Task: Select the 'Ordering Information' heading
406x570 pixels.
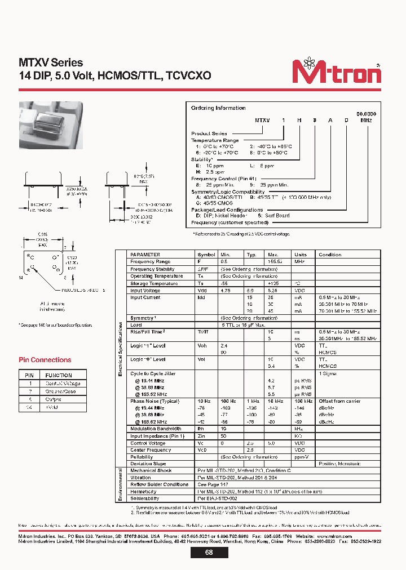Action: pos(218,108)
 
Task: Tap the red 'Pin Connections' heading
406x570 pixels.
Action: pos(45,360)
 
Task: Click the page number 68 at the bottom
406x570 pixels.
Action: pos(208,553)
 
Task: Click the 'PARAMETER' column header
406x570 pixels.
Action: pos(145,255)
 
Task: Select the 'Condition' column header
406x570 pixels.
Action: pos(330,255)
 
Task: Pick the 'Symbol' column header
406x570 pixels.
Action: pos(206,255)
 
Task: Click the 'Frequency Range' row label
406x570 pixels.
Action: pos(150,262)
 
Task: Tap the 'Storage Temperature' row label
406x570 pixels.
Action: pos(153,283)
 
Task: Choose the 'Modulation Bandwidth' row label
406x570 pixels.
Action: pos(156,429)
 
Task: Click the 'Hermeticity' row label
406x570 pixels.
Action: pos(143,491)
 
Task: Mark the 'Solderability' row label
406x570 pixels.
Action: pos(144,498)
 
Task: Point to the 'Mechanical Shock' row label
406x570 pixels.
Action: pos(151,470)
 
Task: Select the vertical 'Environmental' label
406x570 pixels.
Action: pos(120,484)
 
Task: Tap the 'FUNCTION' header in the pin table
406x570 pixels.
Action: pos(59,375)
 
